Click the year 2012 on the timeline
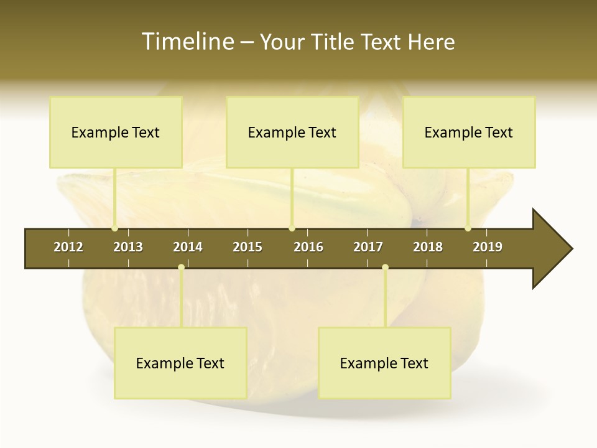[68, 247]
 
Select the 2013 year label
[128, 247]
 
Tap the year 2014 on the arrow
[188, 247]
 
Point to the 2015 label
[248, 247]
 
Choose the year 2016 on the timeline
[308, 247]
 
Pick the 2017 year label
[368, 247]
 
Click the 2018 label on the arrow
[428, 247]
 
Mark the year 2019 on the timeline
[488, 247]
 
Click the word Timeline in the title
[187, 42]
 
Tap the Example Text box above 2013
[116, 132]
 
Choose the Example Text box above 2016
[292, 132]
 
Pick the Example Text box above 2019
[469, 132]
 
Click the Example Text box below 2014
[180, 363]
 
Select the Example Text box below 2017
[384, 363]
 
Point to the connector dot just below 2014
[181, 267]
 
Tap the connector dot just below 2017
[385, 267]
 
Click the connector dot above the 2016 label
[292, 228]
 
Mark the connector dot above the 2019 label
[468, 228]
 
